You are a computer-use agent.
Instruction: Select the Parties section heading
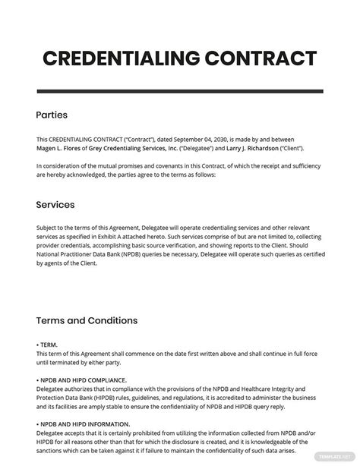point(52,115)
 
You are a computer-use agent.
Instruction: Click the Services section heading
point(55,205)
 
